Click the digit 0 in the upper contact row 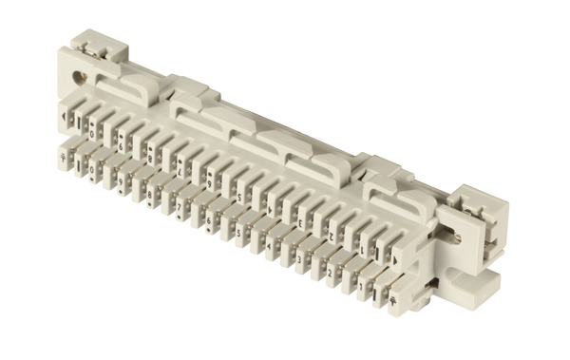click(92, 134)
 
